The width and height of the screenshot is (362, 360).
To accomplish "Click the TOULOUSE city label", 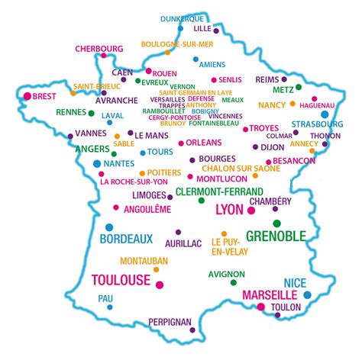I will [x=121, y=280].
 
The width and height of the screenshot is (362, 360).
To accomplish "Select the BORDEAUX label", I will [x=127, y=238].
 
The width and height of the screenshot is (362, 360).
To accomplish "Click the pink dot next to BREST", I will [x=27, y=97].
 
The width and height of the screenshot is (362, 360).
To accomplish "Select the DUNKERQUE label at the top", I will [x=183, y=18].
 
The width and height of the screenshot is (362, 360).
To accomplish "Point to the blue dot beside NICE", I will [x=307, y=294].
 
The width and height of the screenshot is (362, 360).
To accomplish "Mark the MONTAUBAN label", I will [x=144, y=261].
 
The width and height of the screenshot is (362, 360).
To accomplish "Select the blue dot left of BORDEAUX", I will [x=109, y=227].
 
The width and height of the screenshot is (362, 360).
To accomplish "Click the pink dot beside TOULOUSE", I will [x=160, y=284].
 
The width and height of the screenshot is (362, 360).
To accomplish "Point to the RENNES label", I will [x=71, y=112].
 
